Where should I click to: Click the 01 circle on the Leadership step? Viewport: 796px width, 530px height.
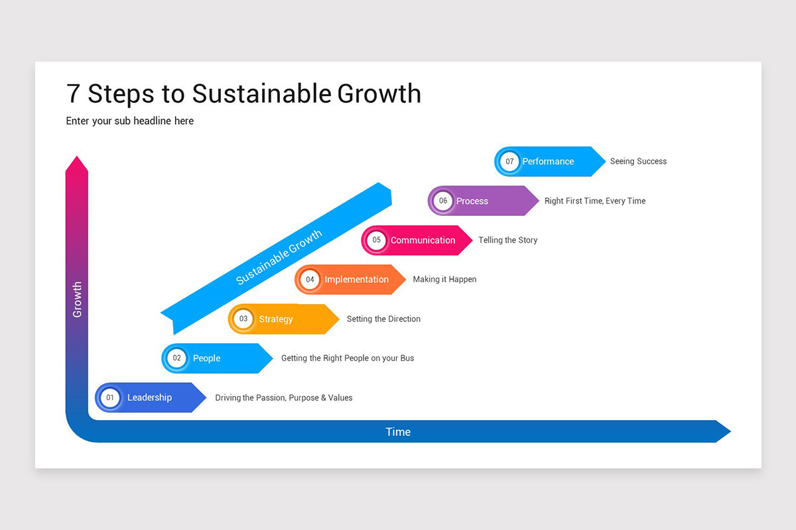click(x=110, y=397)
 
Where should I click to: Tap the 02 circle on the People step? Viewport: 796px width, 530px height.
click(x=176, y=358)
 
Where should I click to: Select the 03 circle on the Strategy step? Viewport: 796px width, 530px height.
click(x=243, y=319)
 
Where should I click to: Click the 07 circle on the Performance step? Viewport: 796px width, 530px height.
click(x=509, y=162)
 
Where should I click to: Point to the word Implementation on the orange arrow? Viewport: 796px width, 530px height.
click(x=356, y=280)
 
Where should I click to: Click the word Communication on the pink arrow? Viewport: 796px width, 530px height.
click(x=423, y=240)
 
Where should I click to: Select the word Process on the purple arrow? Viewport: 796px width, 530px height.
click(x=472, y=201)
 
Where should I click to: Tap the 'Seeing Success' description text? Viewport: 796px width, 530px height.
click(x=638, y=162)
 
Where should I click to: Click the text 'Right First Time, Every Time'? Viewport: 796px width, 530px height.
click(x=594, y=201)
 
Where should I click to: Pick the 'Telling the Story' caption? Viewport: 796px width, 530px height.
click(x=507, y=240)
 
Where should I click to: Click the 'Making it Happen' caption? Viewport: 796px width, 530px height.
click(x=444, y=280)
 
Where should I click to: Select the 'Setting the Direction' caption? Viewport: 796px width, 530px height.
click(x=383, y=319)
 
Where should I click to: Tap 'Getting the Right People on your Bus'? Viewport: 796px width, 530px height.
click(x=347, y=358)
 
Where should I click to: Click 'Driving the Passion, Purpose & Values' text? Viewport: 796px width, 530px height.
click(x=283, y=398)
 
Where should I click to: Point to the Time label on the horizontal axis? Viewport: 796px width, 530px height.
click(x=398, y=432)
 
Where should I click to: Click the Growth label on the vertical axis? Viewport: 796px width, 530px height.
click(x=77, y=299)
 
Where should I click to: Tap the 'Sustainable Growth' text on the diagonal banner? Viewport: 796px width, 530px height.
click(x=279, y=257)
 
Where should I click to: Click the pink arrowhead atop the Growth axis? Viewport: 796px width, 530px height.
click(x=77, y=165)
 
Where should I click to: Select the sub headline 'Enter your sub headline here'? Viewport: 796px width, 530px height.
click(x=130, y=121)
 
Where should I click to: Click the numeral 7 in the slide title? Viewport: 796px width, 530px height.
click(x=74, y=94)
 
